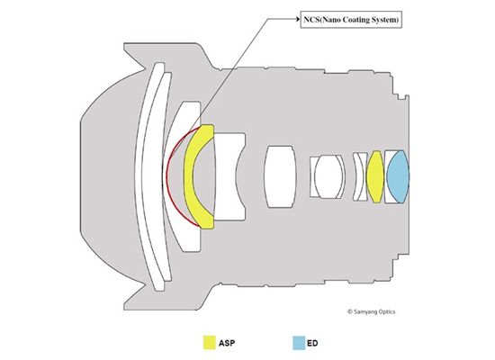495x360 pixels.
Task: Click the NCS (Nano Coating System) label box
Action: coord(351,20)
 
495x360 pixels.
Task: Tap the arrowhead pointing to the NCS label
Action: coord(297,19)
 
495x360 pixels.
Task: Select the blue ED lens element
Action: coord(398,176)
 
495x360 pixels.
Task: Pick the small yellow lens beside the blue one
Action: coord(375,176)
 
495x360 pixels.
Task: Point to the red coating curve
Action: coord(167,175)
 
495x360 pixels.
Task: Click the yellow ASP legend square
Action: coord(210,343)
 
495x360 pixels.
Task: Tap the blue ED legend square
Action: coord(299,343)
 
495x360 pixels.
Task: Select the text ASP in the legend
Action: coord(227,343)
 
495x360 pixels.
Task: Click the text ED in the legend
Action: coord(312,343)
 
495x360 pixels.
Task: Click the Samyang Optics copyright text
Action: coord(371,311)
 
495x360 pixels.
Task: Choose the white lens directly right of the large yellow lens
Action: coord(229,176)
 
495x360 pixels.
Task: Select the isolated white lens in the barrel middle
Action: coord(280,176)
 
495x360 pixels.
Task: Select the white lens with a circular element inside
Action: coord(328,176)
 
